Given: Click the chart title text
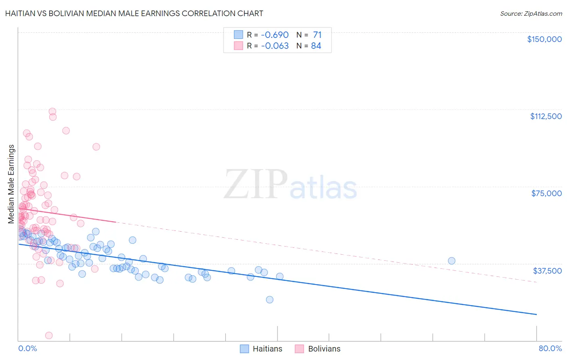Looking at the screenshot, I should [x=134, y=13].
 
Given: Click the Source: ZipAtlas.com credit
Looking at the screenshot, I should [x=531, y=13].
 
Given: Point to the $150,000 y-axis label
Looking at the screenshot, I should [x=544, y=39].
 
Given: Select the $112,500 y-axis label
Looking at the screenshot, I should [x=546, y=116].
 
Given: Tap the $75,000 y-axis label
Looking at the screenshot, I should [x=546, y=193].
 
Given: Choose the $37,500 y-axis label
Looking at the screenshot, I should [x=547, y=271].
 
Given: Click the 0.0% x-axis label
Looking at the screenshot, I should [x=27, y=348].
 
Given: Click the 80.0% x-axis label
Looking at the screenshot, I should [x=550, y=348].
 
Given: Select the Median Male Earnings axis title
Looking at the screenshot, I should [x=11, y=184].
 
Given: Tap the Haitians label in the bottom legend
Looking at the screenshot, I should [x=267, y=349].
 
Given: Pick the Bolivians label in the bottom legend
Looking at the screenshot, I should [x=324, y=349].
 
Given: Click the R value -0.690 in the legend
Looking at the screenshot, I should [x=275, y=35].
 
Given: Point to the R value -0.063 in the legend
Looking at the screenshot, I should [x=275, y=46].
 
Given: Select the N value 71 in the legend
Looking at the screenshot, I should [x=317, y=35].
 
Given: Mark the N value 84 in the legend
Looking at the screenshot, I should [x=316, y=46].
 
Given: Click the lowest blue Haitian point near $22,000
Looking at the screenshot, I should [x=270, y=299].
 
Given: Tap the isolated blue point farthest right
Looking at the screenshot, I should [x=452, y=261].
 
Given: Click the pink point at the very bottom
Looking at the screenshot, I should [x=49, y=335].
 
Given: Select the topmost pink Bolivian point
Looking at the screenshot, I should [x=52, y=111].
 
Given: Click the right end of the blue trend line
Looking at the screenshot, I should [x=536, y=314].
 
